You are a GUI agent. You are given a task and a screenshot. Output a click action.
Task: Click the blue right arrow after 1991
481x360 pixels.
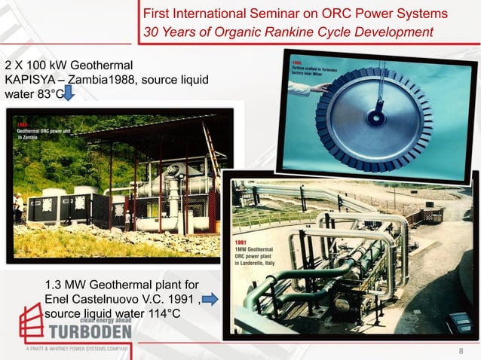coord(210,300)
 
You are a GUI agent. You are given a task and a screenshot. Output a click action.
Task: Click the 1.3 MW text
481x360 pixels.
coord(66,285)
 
